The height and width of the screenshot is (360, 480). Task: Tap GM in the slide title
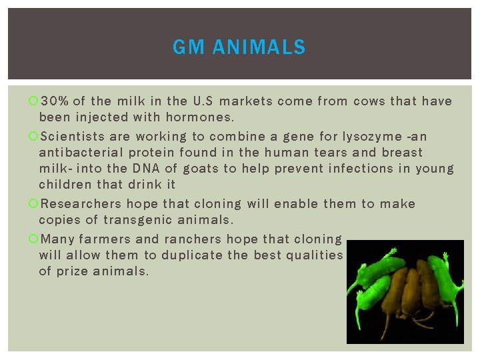187,47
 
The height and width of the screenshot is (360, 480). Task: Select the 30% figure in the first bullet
54,101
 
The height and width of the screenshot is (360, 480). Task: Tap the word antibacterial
82,153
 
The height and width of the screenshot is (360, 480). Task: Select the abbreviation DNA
149,169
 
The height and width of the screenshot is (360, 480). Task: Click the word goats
204,169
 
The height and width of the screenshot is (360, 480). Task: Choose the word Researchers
81,204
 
